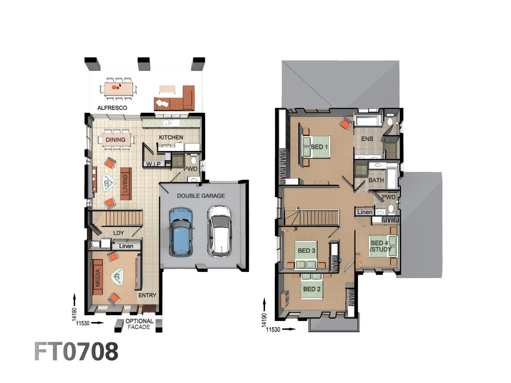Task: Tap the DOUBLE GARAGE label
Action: tap(201, 196)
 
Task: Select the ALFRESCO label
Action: tap(112, 108)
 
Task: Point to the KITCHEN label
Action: tap(171, 137)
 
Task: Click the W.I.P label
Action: tap(153, 164)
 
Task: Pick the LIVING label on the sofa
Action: tap(125, 183)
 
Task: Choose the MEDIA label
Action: tap(98, 277)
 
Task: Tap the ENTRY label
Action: tap(147, 295)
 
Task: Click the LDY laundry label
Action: tap(119, 233)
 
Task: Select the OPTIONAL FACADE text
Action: tap(139, 324)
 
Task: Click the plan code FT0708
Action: tap(76, 351)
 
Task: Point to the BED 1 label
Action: tap(319, 147)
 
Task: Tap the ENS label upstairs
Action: tap(367, 139)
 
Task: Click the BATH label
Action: tap(376, 180)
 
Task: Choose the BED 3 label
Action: tap(306, 251)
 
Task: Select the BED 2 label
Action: tap(312, 289)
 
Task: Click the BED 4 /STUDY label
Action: tap(380, 246)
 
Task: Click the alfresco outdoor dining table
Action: tap(119, 87)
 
